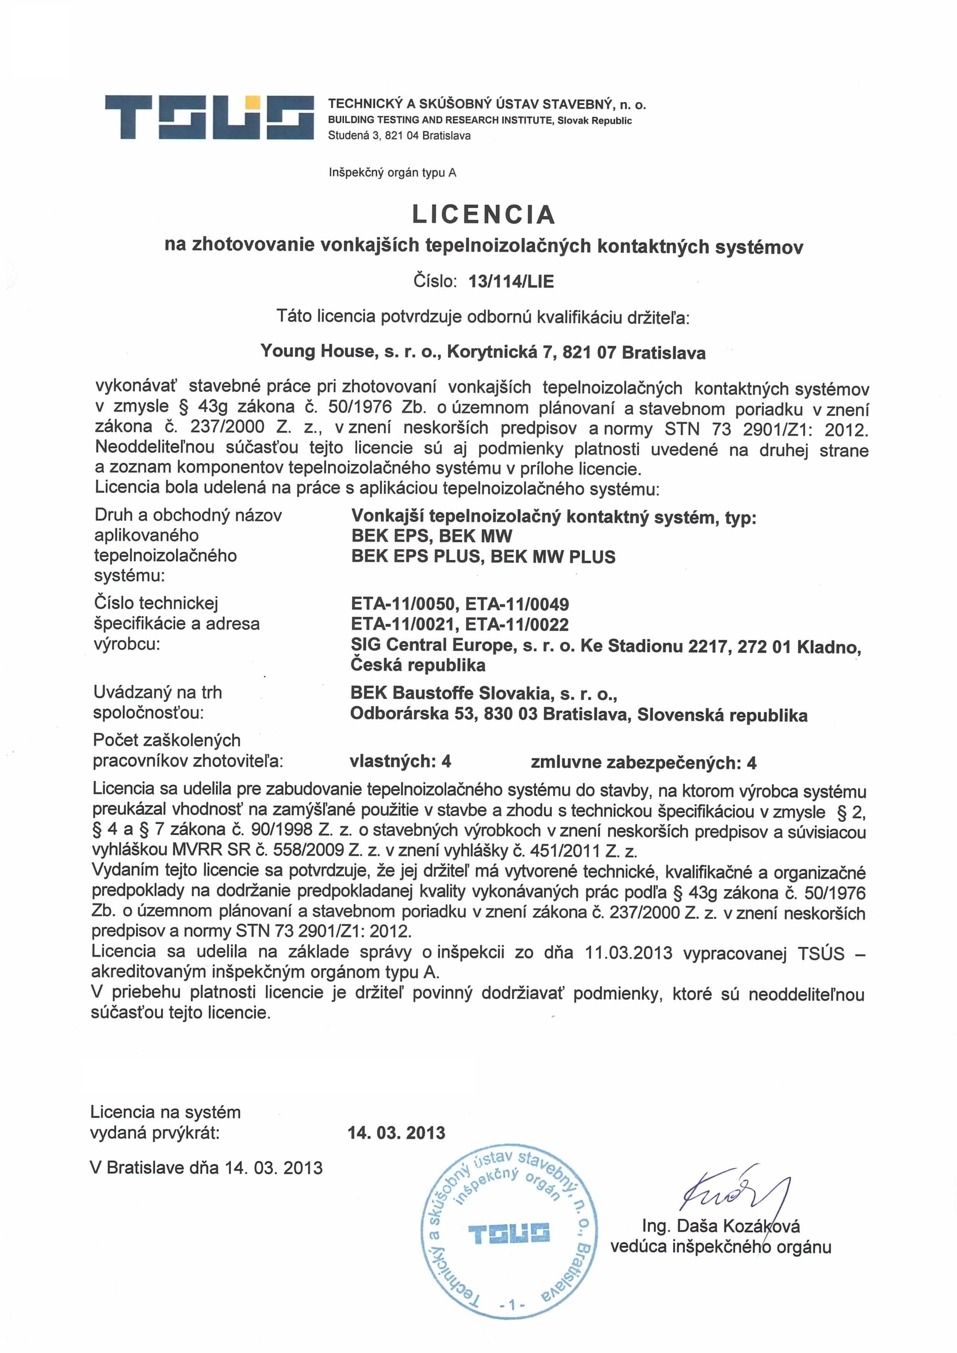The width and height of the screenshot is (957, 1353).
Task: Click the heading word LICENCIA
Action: click(483, 214)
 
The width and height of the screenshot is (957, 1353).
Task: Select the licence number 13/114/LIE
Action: click(511, 281)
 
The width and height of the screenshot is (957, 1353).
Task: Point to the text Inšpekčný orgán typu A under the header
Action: click(392, 173)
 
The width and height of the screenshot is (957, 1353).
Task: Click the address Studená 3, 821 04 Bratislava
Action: click(399, 135)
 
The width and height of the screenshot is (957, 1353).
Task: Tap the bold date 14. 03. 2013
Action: click(397, 1133)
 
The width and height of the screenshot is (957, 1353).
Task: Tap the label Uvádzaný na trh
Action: click(157, 692)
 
